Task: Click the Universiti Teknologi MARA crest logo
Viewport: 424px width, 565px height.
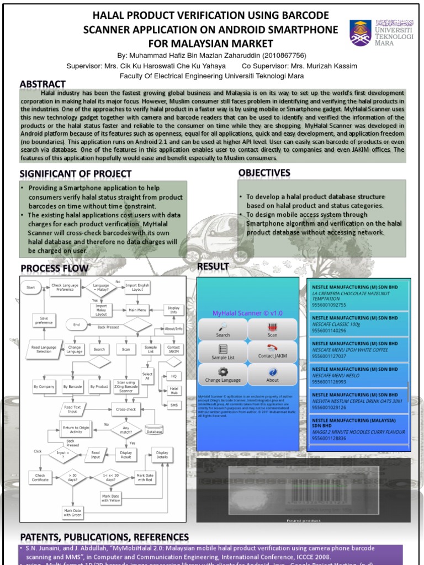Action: [x=361, y=33]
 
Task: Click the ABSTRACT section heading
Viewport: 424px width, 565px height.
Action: [x=43, y=84]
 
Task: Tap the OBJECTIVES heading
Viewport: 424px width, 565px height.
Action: [x=264, y=173]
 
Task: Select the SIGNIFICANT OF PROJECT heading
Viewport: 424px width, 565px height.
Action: [x=76, y=174]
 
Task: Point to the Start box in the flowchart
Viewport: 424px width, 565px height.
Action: [x=31, y=287]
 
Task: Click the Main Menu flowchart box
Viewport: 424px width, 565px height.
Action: [x=137, y=310]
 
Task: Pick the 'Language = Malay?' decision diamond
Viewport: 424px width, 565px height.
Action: [x=100, y=287]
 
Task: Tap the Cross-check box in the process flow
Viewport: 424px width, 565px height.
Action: [x=126, y=409]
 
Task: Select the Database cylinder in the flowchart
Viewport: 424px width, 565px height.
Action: [x=154, y=429]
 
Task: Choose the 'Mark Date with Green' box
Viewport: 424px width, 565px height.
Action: [x=72, y=513]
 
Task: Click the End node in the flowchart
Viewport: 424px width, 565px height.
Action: [x=77, y=324]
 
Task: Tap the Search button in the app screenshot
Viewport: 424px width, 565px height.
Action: [x=223, y=329]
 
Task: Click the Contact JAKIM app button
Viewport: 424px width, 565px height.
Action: [x=273, y=351]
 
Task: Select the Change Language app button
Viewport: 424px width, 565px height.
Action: [x=223, y=375]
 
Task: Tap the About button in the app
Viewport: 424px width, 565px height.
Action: [x=273, y=375]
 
